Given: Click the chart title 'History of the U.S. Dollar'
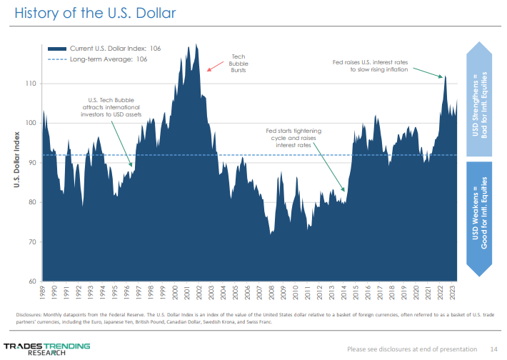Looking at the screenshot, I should (x=95, y=14).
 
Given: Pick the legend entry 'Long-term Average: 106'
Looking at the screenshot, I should (x=109, y=60).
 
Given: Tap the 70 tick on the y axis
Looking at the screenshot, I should (x=31, y=242).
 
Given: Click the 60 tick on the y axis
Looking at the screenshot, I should (x=31, y=281).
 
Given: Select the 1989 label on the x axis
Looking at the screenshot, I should (x=43, y=293).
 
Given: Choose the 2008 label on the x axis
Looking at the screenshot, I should (x=271, y=293).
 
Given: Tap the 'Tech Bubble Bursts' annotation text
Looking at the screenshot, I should (x=239, y=64).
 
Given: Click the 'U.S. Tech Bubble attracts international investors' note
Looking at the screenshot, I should (x=111, y=107).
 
